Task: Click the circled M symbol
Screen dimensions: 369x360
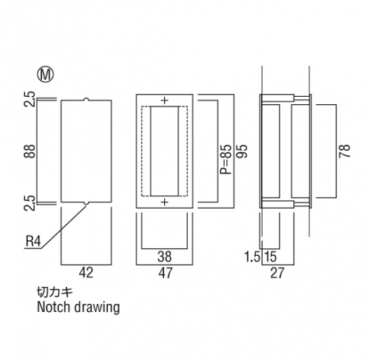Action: [45, 74]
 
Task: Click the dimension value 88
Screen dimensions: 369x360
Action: [30, 151]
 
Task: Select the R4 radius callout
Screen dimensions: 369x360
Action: [33, 241]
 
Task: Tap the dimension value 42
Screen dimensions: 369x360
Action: [86, 273]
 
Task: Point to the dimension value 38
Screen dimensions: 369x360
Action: [165, 257]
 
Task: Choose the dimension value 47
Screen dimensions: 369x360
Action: [166, 273]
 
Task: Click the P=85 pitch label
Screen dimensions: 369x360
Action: [226, 159]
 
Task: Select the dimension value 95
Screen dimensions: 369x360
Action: [241, 151]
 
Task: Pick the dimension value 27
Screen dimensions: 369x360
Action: [277, 273]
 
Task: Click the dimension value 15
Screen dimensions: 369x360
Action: [271, 257]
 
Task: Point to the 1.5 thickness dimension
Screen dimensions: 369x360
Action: [252, 257]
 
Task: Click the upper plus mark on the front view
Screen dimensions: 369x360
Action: [164, 101]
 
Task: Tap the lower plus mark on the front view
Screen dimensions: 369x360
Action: [164, 203]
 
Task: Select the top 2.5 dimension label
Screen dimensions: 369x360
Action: [30, 99]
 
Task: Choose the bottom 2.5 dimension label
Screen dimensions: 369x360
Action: [30, 203]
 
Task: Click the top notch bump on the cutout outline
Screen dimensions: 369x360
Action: [86, 100]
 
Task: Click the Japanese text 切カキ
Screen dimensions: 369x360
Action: [55, 293]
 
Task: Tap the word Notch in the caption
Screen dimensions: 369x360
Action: [53, 307]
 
